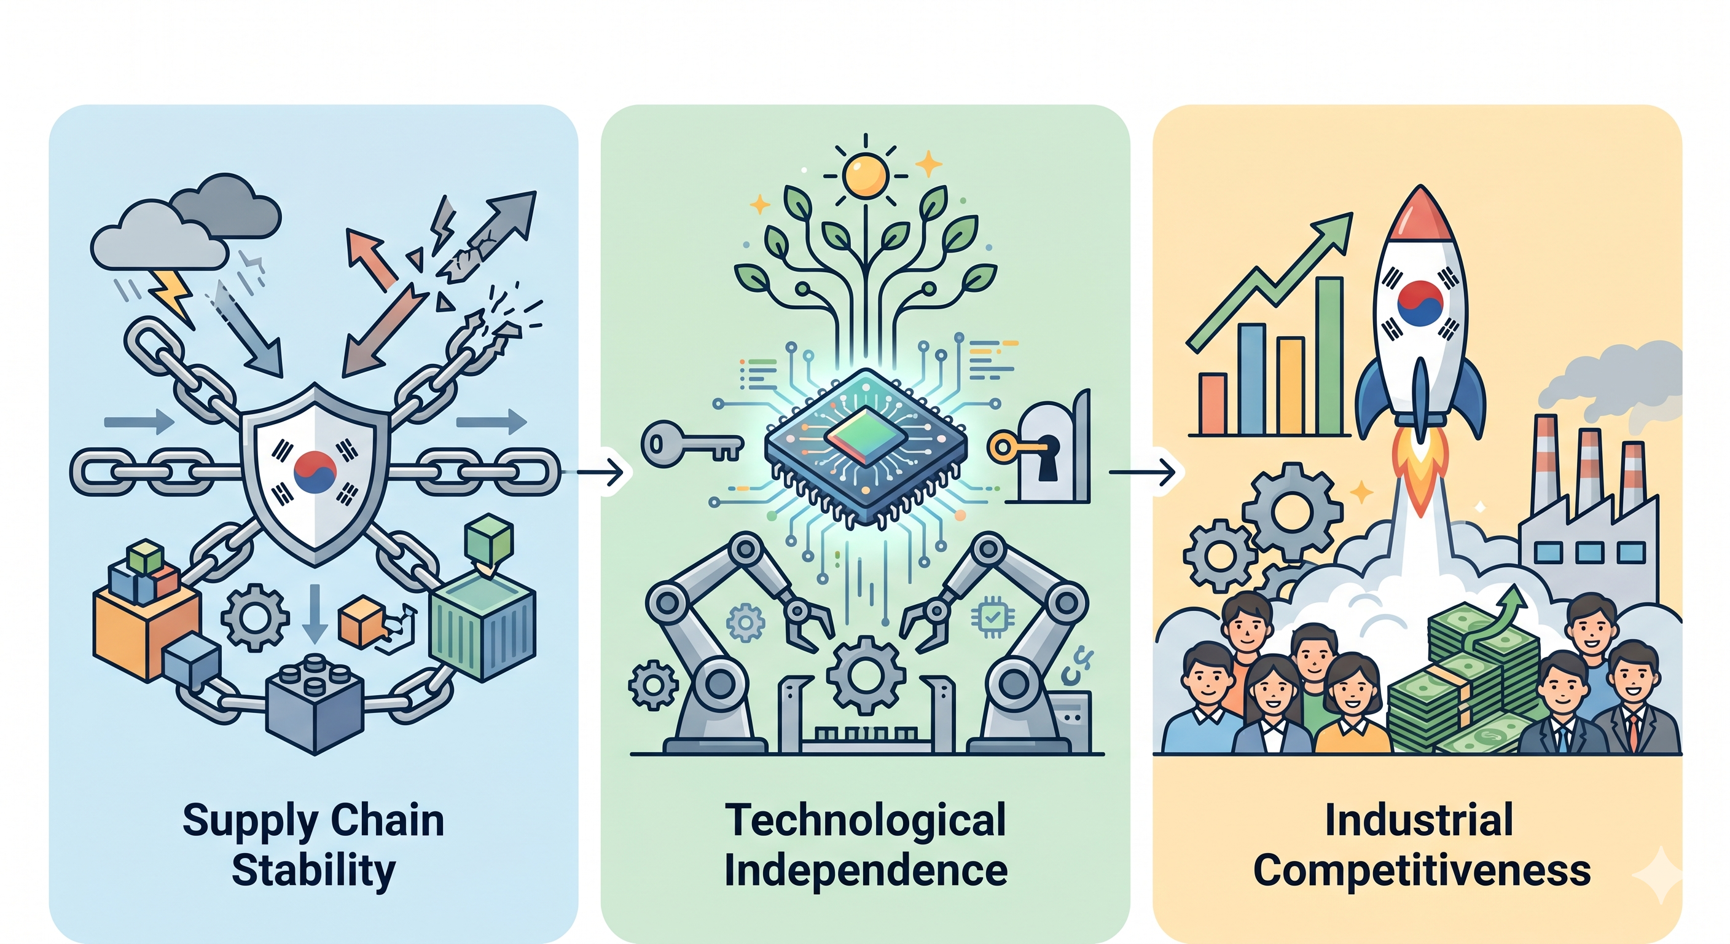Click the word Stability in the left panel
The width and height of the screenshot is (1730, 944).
(x=314, y=871)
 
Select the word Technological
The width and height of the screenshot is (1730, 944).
(x=866, y=821)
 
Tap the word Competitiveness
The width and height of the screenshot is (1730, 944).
(x=1422, y=871)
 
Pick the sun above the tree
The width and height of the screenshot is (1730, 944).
(x=866, y=176)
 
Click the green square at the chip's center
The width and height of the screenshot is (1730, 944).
(x=866, y=435)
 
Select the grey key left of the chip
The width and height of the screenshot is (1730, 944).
(x=692, y=444)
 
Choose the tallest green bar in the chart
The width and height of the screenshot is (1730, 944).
(x=1329, y=356)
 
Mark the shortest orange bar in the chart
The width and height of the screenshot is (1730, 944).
(x=1213, y=404)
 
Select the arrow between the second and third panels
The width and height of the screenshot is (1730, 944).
(x=1142, y=473)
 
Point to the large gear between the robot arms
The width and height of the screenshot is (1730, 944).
(x=865, y=675)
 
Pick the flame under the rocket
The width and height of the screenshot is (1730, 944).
(x=1421, y=470)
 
